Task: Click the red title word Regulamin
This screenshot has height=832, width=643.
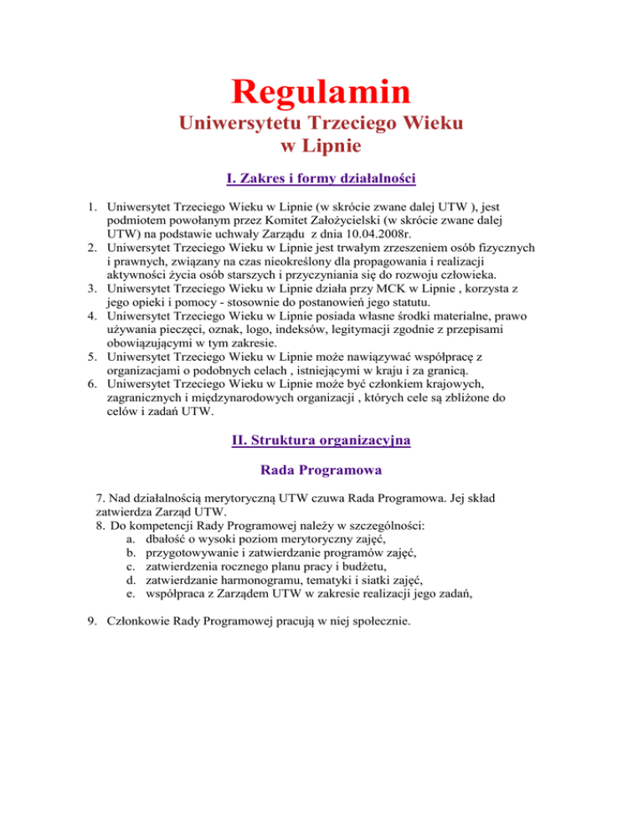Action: point(321,91)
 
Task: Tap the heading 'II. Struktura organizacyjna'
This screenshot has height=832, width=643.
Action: point(321,440)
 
